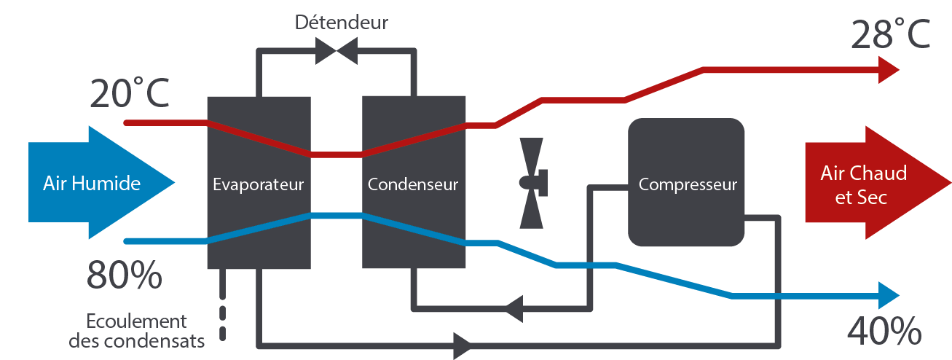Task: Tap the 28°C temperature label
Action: [890, 34]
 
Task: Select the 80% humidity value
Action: [124, 275]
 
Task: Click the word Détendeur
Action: [341, 22]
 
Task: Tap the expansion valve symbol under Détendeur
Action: [336, 51]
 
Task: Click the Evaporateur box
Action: [259, 184]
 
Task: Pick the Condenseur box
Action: [414, 184]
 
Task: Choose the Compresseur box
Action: [687, 184]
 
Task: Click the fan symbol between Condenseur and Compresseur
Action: [532, 182]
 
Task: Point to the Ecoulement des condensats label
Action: [136, 330]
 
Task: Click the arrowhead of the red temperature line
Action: [890, 70]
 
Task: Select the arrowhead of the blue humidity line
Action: [890, 296]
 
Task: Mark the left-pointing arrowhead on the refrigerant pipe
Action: [514, 308]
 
